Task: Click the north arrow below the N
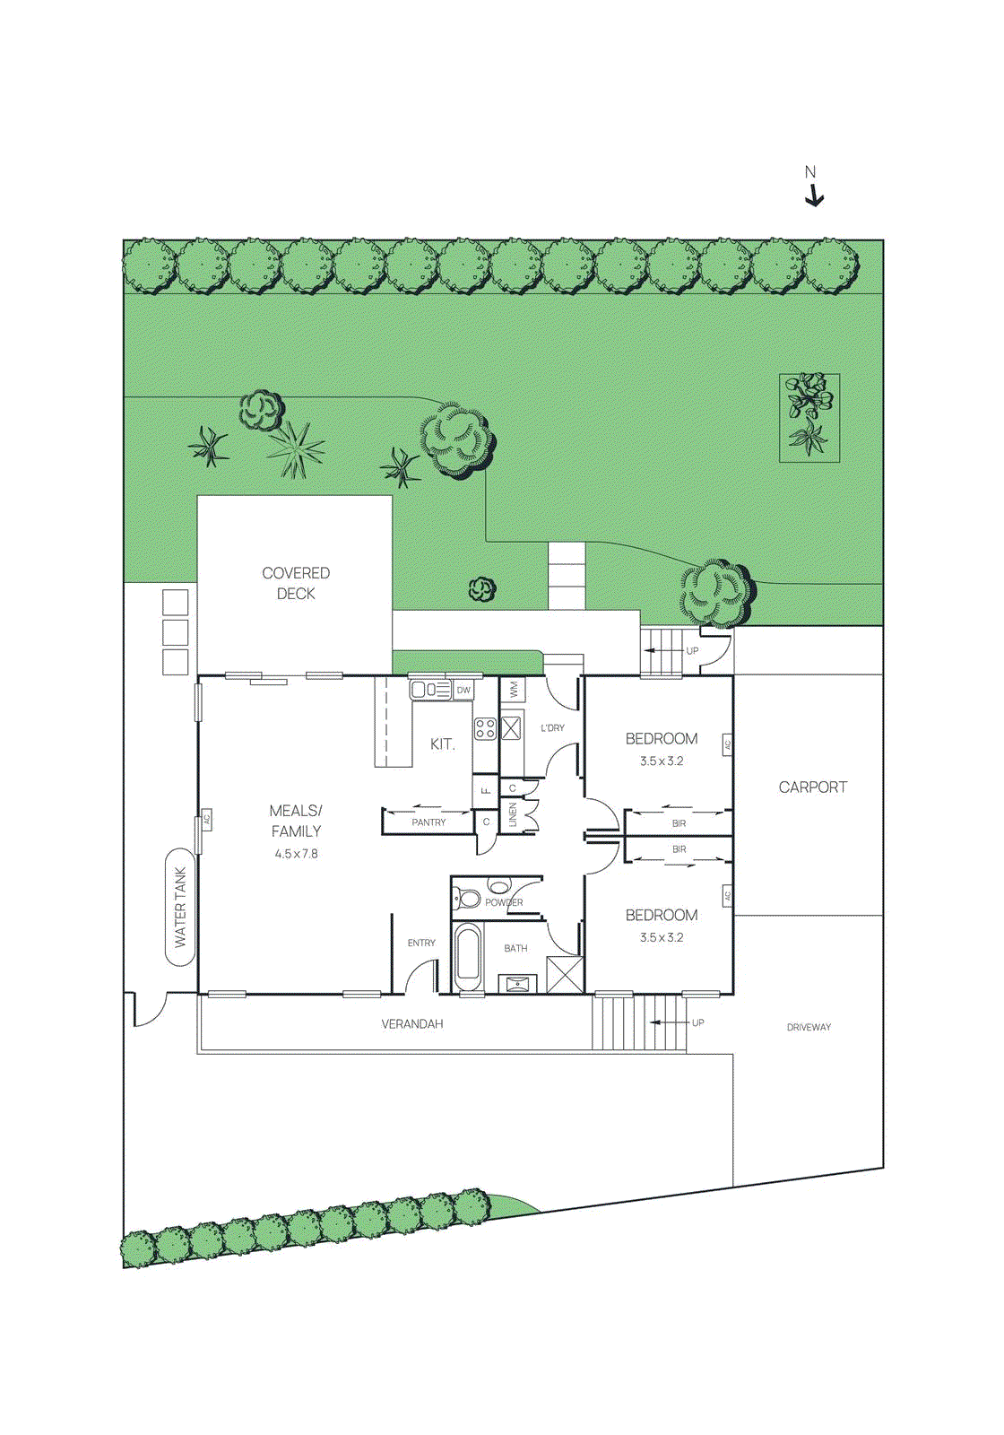[814, 196]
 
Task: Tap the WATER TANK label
[180, 907]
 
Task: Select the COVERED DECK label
[296, 583]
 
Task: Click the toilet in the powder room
[467, 897]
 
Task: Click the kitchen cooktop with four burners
[485, 728]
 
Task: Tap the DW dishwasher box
[463, 690]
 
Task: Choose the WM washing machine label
[514, 690]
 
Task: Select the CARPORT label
[812, 787]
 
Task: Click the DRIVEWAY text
[809, 1027]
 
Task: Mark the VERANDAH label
[411, 1023]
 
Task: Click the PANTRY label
[428, 822]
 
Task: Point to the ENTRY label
[421, 943]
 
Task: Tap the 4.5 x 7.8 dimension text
[296, 854]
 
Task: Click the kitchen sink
[430, 690]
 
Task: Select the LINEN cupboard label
[513, 814]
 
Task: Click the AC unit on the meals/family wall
[206, 819]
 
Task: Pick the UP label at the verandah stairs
[697, 1022]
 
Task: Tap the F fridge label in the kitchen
[485, 790]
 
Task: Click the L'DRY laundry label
[552, 727]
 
